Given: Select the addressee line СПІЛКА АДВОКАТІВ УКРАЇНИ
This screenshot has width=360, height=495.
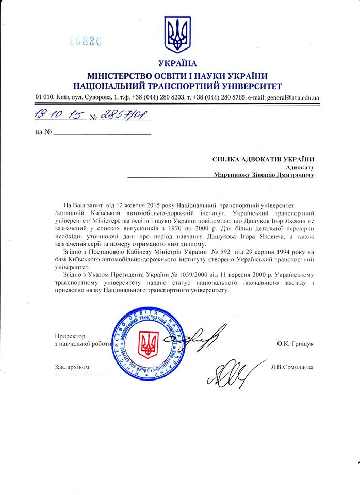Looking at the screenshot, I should pos(263,160).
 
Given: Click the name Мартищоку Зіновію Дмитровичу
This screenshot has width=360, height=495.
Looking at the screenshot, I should pos(264,175).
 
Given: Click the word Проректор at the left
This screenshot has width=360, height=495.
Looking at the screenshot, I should pos(70,335).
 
